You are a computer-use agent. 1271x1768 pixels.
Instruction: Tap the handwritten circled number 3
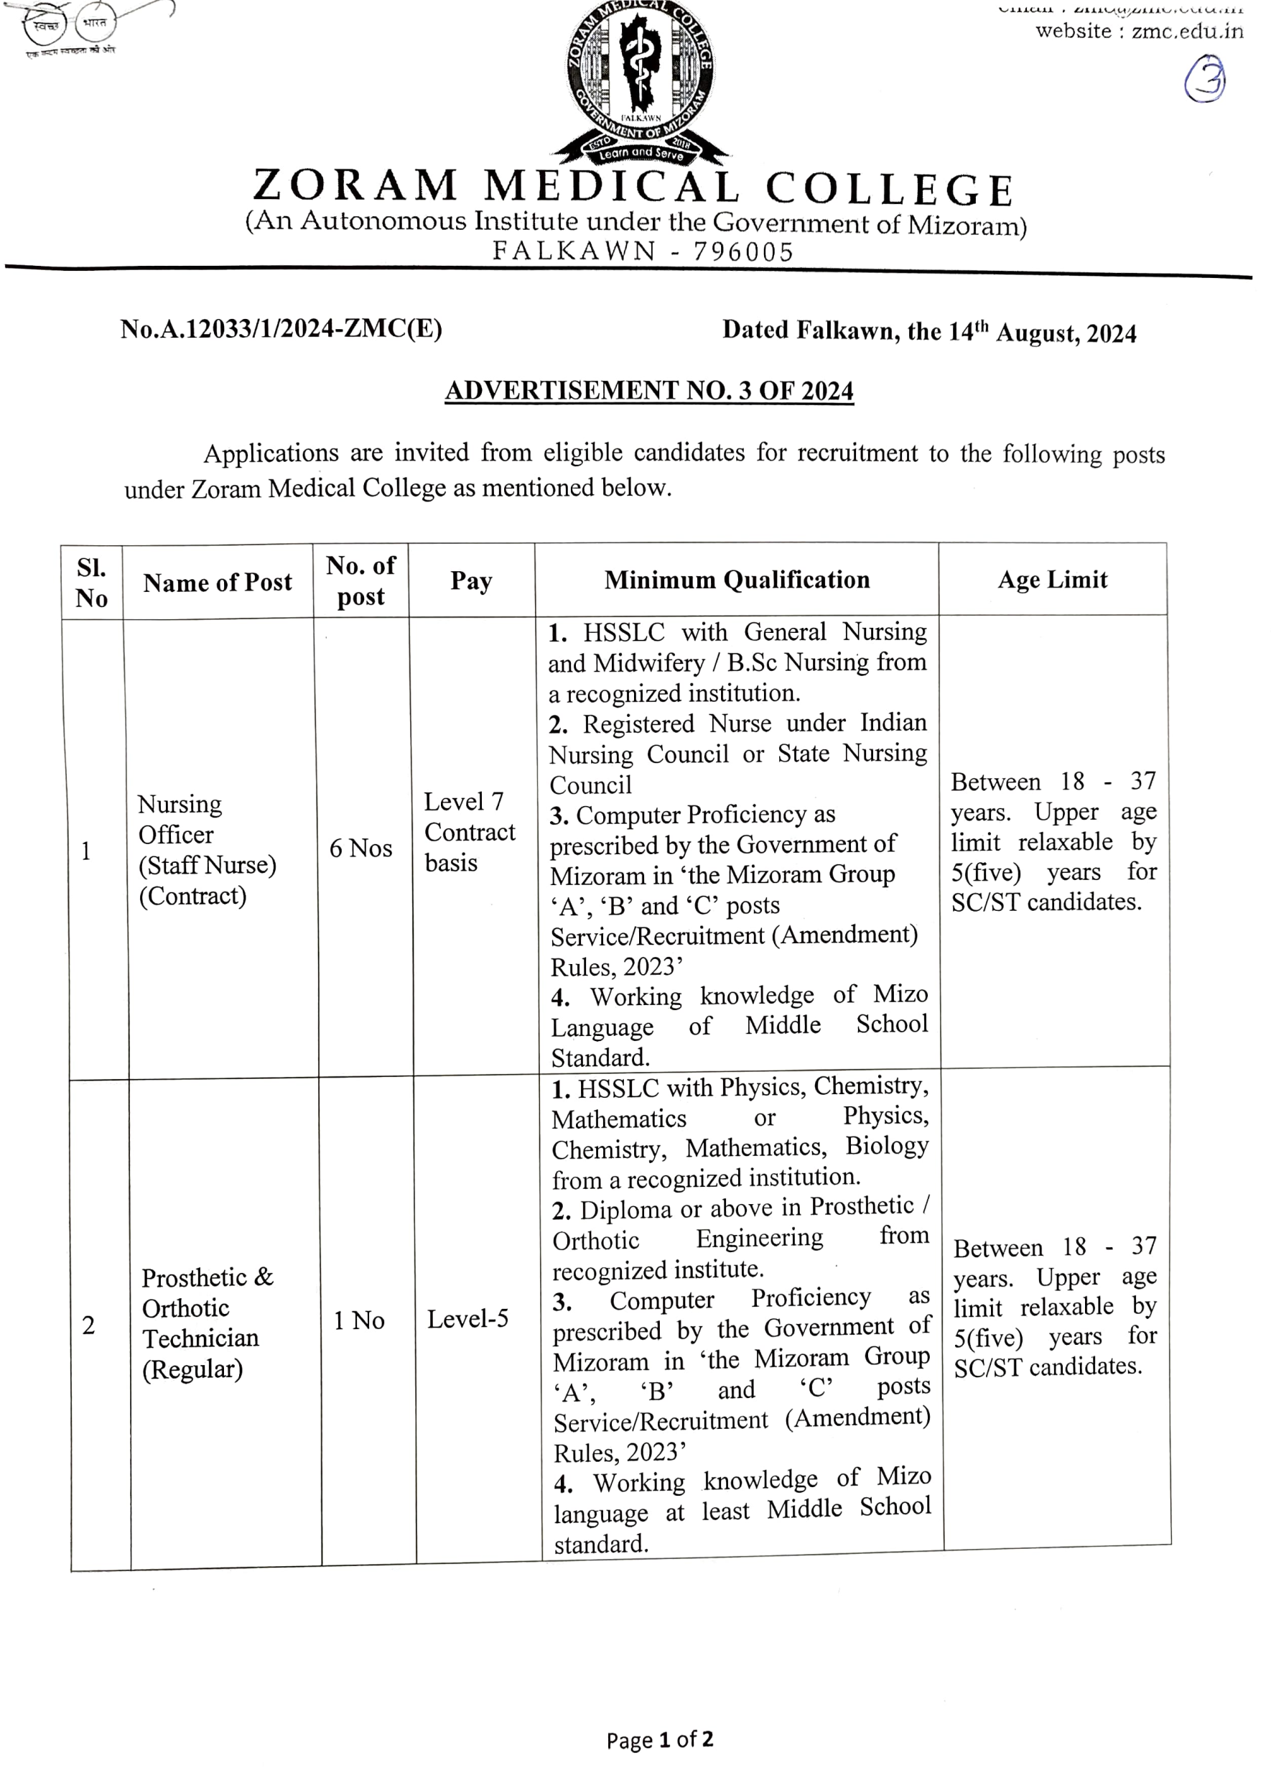1205,80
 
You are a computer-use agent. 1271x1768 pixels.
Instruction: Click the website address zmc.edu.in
1187,31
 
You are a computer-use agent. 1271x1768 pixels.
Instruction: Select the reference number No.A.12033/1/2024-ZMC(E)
281,329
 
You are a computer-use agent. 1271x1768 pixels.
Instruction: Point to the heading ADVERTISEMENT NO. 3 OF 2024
649,391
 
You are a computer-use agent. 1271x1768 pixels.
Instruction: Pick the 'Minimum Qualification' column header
737,580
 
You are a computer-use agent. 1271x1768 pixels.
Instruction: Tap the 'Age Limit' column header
1052,580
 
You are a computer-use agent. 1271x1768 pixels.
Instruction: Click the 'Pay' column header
470,581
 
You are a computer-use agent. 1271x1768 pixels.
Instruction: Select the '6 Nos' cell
360,848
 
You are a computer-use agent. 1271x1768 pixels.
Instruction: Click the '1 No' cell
358,1320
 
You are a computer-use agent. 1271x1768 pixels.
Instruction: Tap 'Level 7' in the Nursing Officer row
464,801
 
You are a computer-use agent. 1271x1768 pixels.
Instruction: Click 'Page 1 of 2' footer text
659,1740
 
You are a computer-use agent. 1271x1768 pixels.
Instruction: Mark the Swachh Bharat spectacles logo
68,25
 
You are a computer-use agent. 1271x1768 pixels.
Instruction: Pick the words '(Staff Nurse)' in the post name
208,865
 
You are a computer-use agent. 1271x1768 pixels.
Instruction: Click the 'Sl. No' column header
91,583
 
